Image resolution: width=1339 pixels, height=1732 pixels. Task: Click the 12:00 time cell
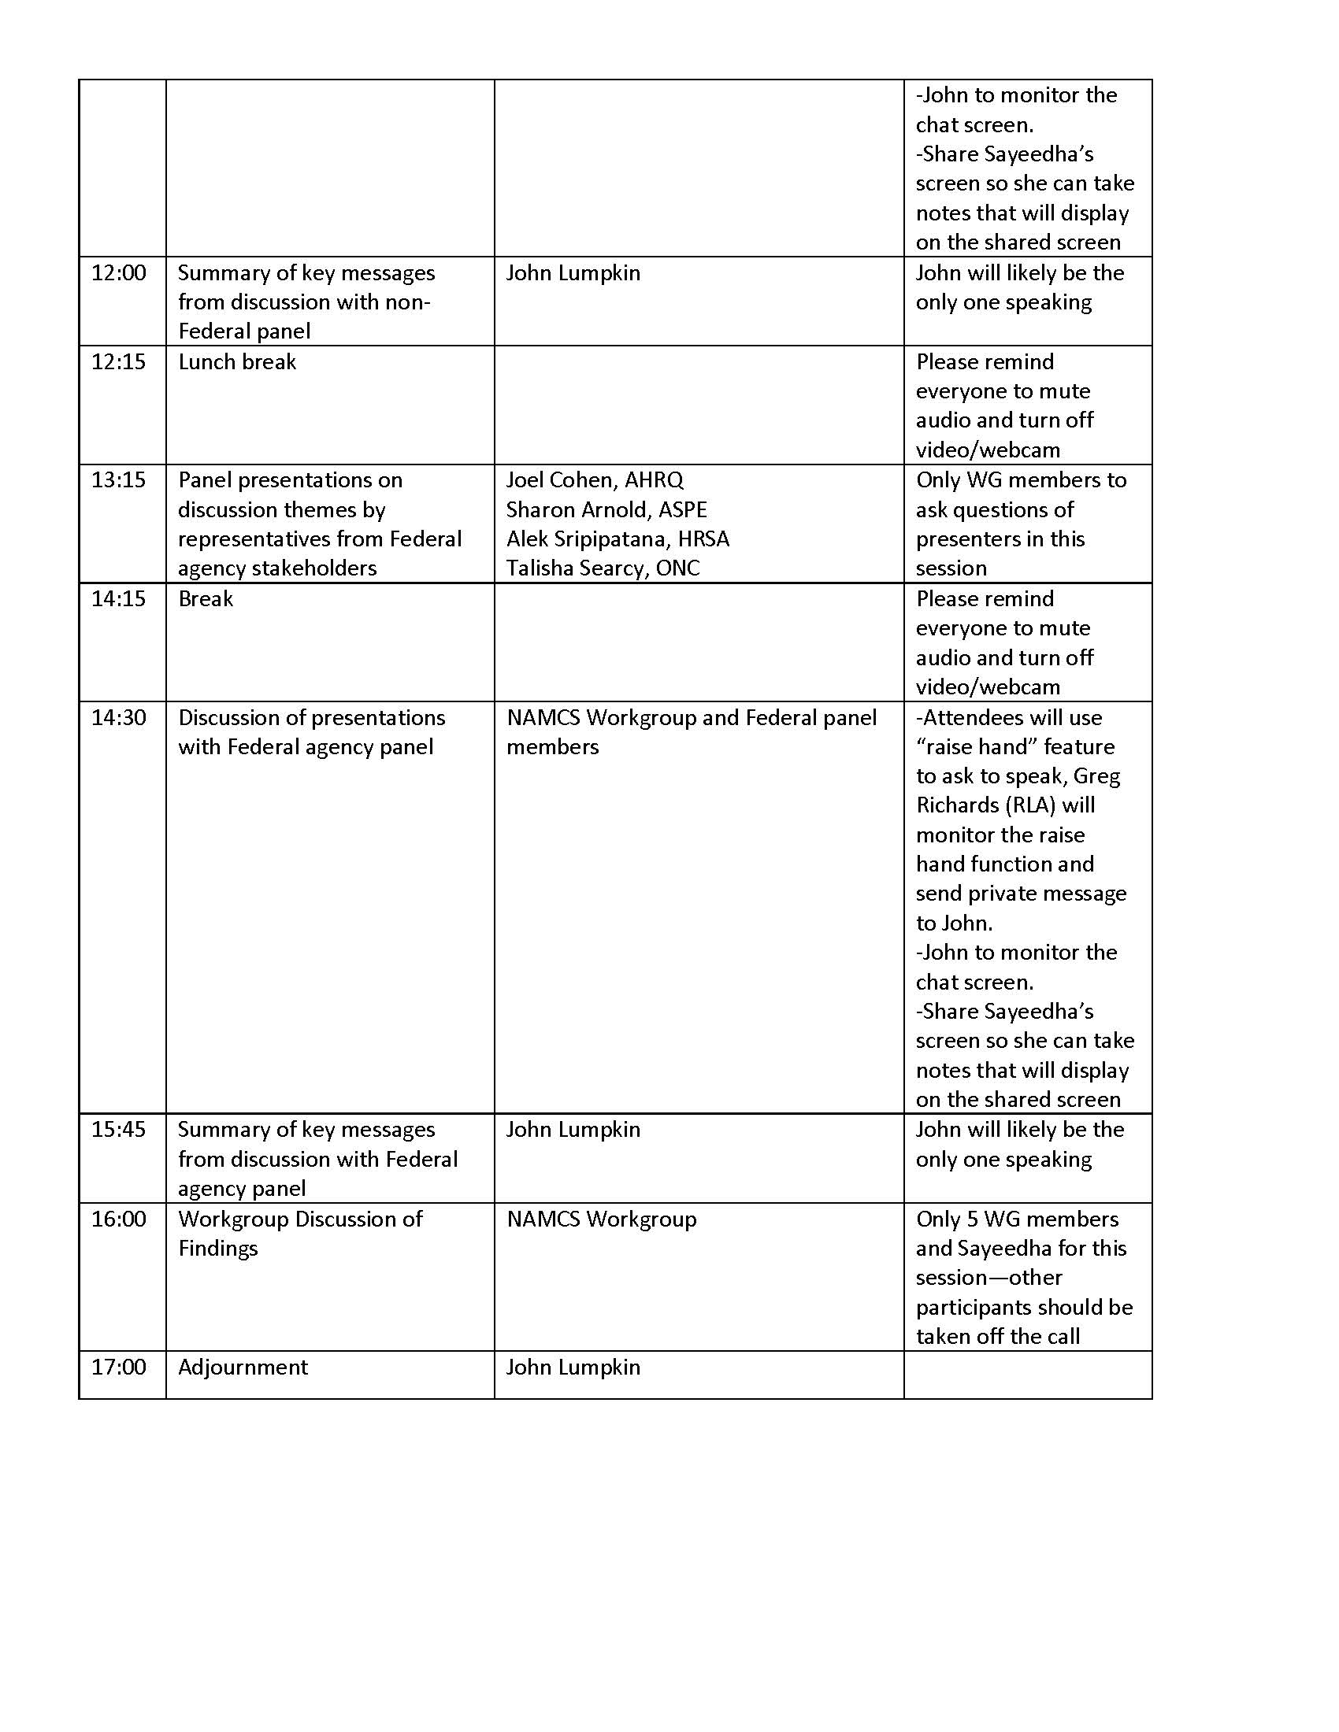(119, 273)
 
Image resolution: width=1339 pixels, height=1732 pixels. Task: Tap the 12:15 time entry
(119, 361)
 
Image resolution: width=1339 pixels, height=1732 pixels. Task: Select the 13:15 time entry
(119, 479)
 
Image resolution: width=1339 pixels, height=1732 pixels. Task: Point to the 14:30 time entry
(119, 717)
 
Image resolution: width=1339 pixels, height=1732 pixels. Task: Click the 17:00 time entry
(119, 1367)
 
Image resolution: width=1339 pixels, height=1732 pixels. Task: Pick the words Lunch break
(237, 361)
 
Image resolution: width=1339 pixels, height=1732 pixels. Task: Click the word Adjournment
(243, 1367)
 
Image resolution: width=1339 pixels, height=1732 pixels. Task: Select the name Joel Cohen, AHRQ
(594, 479)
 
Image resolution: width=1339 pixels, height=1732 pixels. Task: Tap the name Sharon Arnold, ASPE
(606, 509)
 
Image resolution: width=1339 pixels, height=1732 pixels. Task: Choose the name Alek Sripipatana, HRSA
(618, 538)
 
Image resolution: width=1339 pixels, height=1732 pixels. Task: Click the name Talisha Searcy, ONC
(603, 568)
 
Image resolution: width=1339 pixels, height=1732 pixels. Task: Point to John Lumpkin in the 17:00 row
(573, 1367)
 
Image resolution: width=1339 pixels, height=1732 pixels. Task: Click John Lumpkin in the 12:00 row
(573, 273)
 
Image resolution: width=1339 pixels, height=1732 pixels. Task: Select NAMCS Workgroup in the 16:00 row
(601, 1218)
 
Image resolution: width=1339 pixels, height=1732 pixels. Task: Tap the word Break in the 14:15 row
(206, 599)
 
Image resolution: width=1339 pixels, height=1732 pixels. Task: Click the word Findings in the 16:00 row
(218, 1248)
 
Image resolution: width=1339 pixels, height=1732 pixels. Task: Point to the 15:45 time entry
(119, 1128)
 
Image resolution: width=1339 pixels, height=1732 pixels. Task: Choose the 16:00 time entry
(119, 1218)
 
